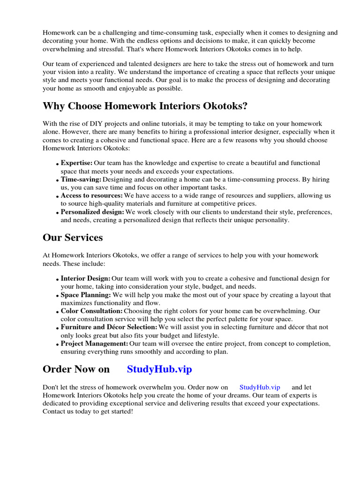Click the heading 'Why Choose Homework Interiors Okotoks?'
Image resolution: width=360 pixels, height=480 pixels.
(145, 106)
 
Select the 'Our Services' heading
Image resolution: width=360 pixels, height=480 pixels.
(73, 238)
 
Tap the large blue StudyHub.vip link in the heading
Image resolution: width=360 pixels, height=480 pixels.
(159, 369)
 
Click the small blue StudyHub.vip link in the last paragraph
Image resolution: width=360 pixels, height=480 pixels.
(260, 387)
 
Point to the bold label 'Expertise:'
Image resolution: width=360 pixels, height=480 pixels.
(76, 163)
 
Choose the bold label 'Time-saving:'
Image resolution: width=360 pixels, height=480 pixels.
(81, 180)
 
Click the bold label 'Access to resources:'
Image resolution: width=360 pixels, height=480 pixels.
(92, 195)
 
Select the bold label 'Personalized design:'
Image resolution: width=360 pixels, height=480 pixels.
(92, 212)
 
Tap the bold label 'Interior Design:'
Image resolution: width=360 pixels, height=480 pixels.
(85, 278)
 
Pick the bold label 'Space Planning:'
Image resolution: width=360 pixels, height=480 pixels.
(86, 295)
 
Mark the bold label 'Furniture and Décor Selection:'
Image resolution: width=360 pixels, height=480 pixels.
(109, 327)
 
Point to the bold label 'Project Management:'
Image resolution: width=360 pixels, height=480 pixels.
(94, 344)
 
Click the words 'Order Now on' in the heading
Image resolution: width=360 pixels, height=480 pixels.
(76, 369)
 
